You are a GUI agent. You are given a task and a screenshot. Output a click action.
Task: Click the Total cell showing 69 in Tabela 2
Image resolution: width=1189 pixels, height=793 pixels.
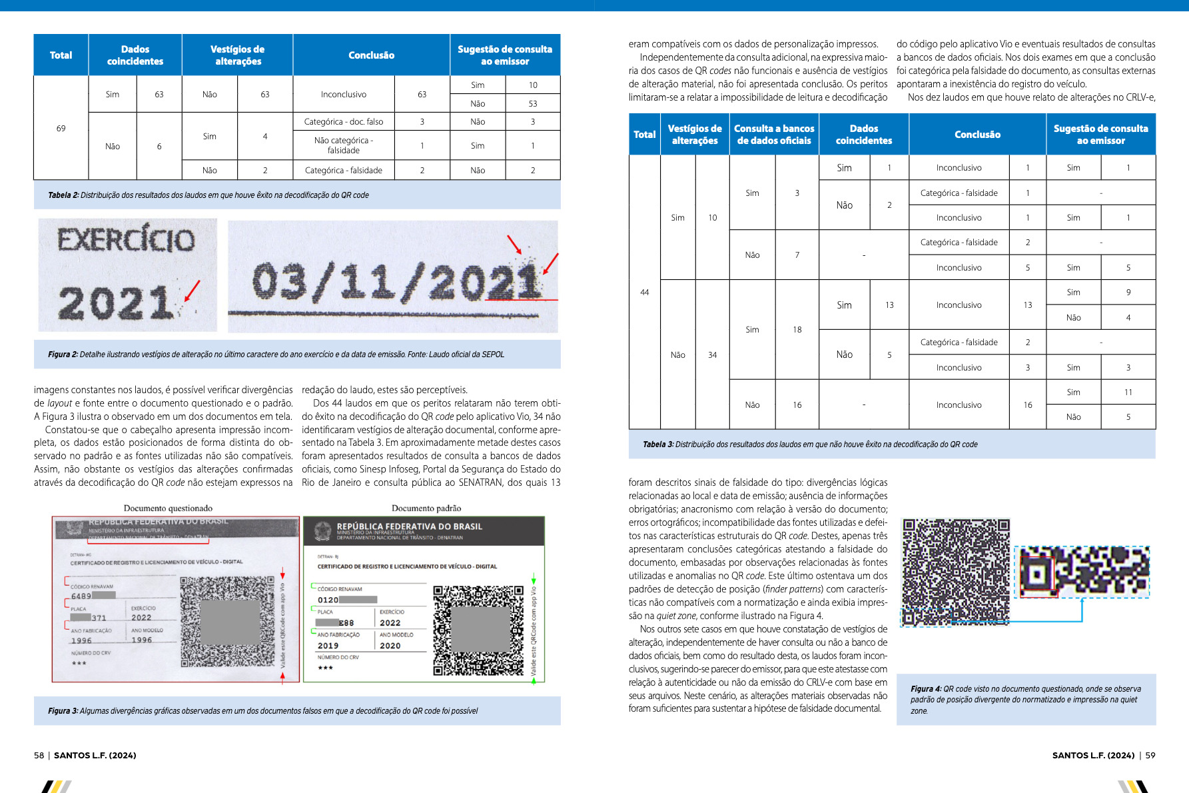pos(61,128)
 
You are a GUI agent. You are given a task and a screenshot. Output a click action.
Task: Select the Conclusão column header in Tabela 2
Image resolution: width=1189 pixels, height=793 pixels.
pos(371,55)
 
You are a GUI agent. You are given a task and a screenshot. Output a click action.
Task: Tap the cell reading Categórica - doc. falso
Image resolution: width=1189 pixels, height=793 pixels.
pos(343,122)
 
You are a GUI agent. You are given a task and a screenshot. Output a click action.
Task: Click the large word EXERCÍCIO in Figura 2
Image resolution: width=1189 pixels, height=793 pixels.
pos(126,240)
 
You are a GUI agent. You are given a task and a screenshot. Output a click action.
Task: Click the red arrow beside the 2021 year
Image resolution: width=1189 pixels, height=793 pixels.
pos(191,291)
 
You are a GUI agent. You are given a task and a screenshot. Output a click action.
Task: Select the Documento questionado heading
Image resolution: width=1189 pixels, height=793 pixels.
pos(168,508)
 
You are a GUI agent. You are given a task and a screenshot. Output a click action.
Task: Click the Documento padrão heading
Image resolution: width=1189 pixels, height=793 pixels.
pos(426,508)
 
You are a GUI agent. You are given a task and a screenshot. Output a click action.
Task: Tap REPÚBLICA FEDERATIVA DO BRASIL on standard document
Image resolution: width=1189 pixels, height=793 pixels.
pos(409,526)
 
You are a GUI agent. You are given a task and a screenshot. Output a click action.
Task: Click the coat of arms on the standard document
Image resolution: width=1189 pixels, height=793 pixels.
pos(322,531)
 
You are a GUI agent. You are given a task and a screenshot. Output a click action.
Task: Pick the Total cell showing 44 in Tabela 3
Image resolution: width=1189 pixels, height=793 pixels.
pos(644,293)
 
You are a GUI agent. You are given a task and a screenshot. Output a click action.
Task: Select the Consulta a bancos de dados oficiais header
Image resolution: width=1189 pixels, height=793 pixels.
pos(774,135)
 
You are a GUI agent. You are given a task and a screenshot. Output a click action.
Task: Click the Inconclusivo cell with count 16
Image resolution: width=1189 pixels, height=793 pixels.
pos(959,404)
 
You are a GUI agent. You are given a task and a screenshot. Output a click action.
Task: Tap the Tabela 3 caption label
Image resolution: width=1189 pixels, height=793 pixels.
pos(658,444)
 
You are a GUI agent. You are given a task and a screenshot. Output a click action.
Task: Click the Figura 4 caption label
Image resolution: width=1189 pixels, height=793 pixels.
pos(926,689)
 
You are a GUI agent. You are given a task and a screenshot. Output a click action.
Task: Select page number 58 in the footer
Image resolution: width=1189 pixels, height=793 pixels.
pos(39,755)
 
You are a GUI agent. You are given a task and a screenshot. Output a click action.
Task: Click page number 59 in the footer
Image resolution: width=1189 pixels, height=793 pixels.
pos(1150,755)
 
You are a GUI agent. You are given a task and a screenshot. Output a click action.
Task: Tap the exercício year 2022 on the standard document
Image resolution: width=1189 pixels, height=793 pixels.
pos(390,623)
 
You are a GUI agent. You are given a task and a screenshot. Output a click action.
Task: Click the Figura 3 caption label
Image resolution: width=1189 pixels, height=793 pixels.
pos(63,711)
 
